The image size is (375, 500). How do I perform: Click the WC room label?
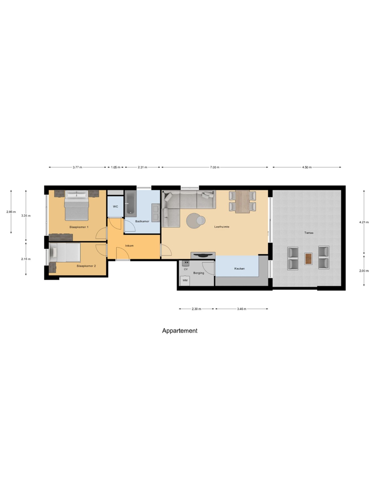point(115,207)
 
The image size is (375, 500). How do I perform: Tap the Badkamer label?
point(142,221)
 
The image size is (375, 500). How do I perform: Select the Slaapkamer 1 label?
point(79,227)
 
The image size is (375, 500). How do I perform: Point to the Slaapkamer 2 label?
point(86,266)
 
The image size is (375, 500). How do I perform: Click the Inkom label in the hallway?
point(129,246)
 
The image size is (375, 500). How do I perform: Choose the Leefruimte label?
point(222,227)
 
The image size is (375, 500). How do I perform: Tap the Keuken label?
point(239,268)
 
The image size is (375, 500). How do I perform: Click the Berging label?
point(198,273)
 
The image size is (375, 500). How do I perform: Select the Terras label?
point(309,233)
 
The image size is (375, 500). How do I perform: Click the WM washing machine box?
point(185,280)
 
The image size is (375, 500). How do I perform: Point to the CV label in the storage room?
point(186,269)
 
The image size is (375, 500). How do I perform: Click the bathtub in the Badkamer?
point(130,203)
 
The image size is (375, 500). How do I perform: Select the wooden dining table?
point(242,202)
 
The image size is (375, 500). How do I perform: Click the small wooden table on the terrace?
point(308,259)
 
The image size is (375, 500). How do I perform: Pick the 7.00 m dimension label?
point(214,167)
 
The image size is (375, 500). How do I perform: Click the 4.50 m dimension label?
point(307,167)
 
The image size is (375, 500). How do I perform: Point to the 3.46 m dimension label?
point(242,309)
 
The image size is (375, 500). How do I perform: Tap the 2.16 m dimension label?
point(26,259)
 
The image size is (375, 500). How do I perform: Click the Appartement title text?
point(180,331)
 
